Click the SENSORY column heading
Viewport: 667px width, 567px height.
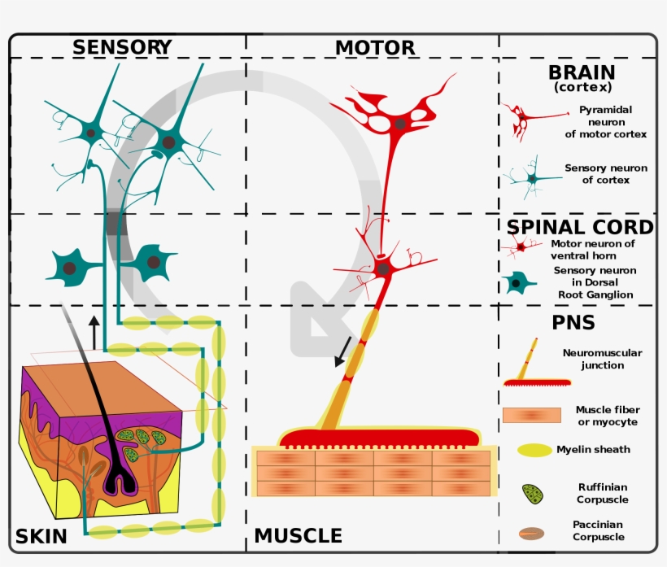pyautogui.click(x=122, y=47)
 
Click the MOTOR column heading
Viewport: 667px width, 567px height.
pyautogui.click(x=375, y=48)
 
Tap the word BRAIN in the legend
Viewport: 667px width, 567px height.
pyautogui.click(x=581, y=73)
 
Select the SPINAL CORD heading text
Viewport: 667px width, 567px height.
pyautogui.click(x=580, y=227)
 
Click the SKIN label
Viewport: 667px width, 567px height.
pyautogui.click(x=41, y=536)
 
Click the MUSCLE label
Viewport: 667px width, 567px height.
pyautogui.click(x=299, y=536)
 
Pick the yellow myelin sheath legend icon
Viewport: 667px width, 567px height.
pyautogui.click(x=534, y=450)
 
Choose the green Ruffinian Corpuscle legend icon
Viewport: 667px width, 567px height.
pyautogui.click(x=534, y=493)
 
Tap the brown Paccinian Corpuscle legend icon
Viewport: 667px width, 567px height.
pyautogui.click(x=532, y=534)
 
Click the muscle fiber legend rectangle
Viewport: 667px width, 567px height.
pyautogui.click(x=532, y=415)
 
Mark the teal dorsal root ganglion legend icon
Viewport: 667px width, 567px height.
pyautogui.click(x=517, y=283)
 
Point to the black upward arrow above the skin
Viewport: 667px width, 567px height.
pyautogui.click(x=95, y=331)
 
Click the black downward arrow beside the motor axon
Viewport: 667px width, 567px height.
pyautogui.click(x=343, y=351)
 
